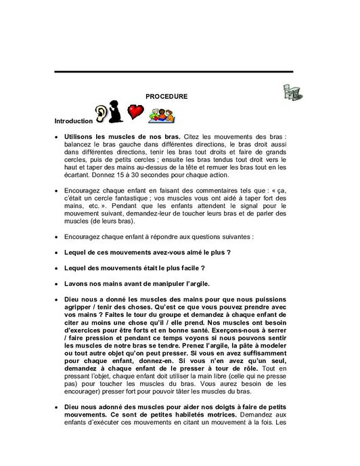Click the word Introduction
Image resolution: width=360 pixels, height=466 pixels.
tap(72, 121)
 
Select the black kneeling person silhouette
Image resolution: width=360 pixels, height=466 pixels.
tap(117, 112)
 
